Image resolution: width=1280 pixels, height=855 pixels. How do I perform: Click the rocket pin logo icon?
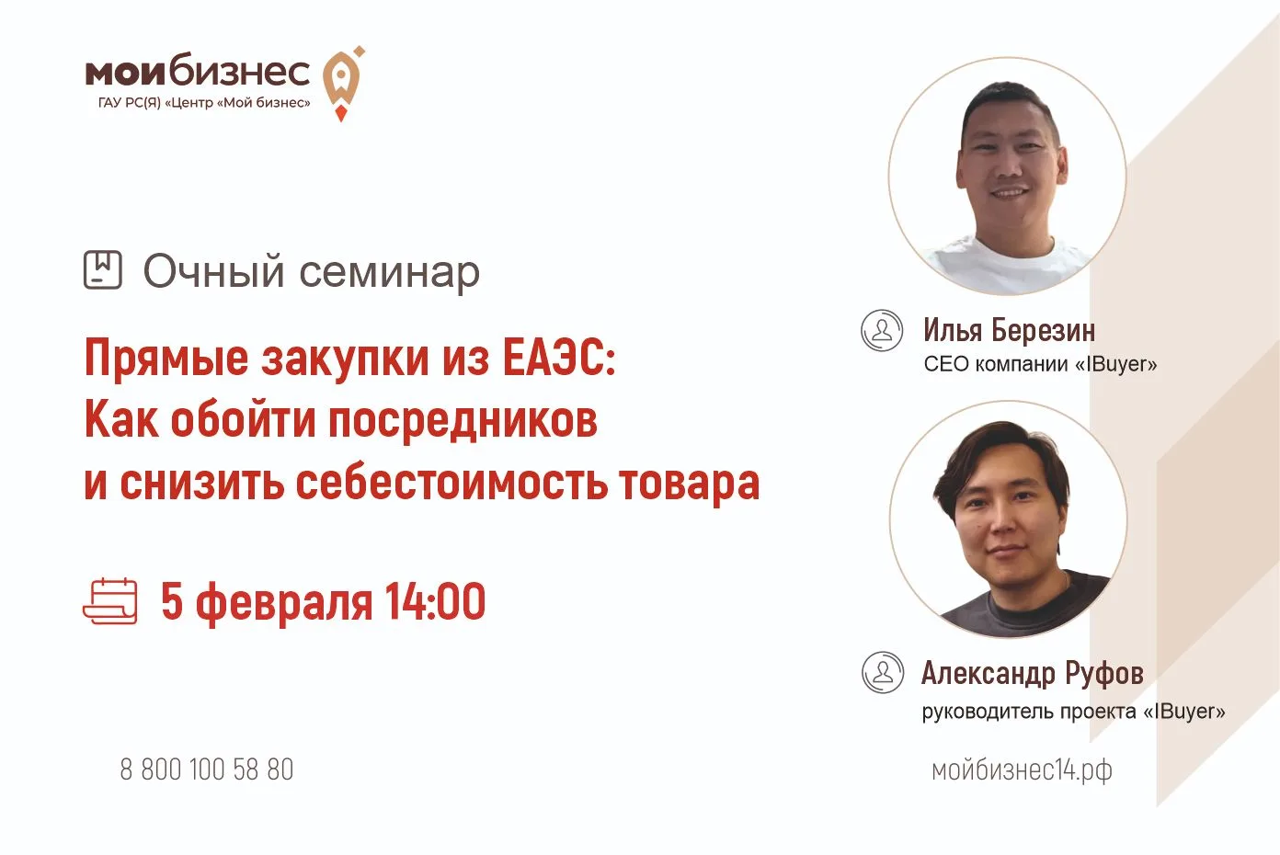coord(342,83)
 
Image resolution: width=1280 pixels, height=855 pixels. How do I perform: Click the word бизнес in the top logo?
coord(240,72)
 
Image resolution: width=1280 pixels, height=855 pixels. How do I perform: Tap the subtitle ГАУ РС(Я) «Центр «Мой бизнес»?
coord(204,103)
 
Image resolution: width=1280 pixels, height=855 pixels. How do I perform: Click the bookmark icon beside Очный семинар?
coord(103,269)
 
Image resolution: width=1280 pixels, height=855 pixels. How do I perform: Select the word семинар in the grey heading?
coord(389,273)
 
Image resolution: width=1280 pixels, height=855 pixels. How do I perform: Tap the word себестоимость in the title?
coord(451,484)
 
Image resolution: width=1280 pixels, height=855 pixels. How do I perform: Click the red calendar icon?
coord(110,601)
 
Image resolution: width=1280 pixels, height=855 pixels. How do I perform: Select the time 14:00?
coord(435,601)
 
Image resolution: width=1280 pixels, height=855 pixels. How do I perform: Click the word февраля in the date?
coord(284,604)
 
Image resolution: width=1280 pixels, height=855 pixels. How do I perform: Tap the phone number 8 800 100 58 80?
coord(206,769)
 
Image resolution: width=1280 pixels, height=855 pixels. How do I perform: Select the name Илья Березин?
coord(1009,330)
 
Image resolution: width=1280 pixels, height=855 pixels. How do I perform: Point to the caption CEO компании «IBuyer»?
coord(1040,364)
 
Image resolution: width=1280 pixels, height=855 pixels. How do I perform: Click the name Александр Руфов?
coord(1032,673)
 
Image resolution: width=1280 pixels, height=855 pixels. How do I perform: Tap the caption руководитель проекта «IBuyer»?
coord(1073,712)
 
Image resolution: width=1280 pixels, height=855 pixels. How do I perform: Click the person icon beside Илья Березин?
coord(882,330)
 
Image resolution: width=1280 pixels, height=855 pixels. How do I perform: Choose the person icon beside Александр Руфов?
coord(883,672)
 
